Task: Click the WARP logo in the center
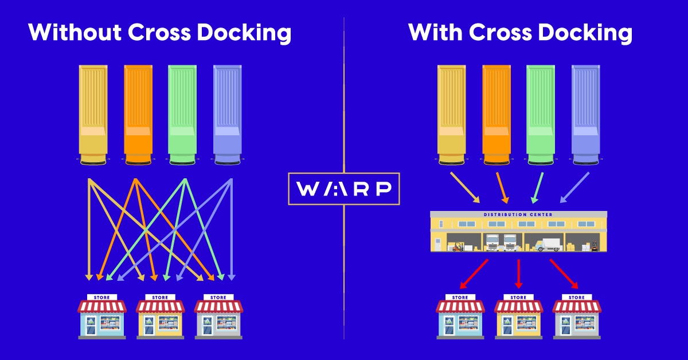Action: (344, 189)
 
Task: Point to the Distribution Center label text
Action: (518, 215)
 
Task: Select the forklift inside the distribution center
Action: (458, 246)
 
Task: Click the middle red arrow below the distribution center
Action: (519, 274)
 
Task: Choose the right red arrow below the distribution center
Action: (564, 274)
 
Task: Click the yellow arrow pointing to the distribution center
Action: (465, 187)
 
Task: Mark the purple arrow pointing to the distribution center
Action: (574, 187)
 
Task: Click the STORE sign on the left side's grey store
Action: (218, 298)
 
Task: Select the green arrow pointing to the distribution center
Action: (537, 187)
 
